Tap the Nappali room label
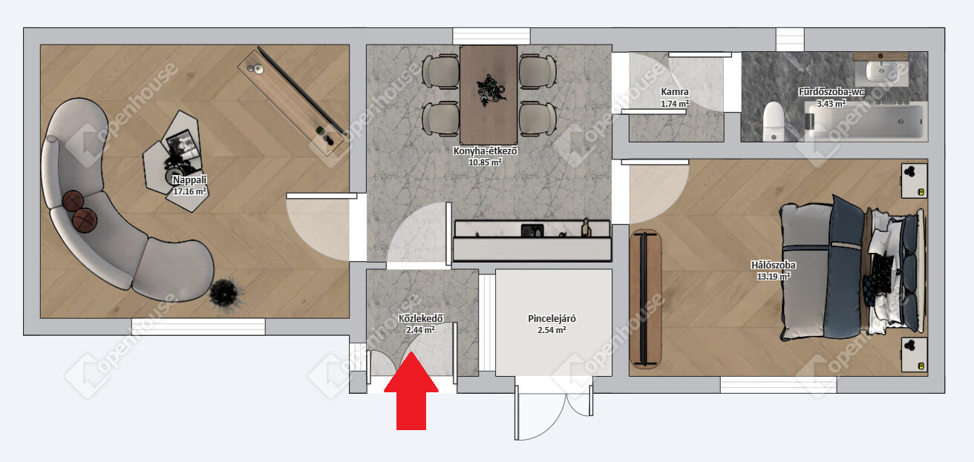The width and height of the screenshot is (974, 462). [189, 179]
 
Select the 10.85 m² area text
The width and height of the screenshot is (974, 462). [485, 162]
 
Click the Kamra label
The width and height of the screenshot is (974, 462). [674, 92]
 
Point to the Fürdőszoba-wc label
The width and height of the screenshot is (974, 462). [831, 92]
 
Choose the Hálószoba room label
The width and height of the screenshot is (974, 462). [773, 265]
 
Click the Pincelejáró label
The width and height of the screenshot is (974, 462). [552, 319]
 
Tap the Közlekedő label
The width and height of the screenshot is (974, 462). [420, 319]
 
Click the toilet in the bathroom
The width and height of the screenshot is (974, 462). [774, 121]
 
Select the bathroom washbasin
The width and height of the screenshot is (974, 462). [881, 71]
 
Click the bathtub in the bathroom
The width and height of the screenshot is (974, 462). [864, 121]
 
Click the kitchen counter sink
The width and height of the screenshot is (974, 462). [532, 230]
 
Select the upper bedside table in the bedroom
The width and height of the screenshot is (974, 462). [914, 181]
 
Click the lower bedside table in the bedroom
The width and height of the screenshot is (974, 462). [914, 354]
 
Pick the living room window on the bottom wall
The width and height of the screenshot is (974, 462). [198, 326]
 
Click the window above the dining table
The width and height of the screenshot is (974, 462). [491, 36]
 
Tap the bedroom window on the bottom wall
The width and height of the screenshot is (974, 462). [778, 385]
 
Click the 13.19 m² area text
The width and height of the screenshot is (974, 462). [773, 276]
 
